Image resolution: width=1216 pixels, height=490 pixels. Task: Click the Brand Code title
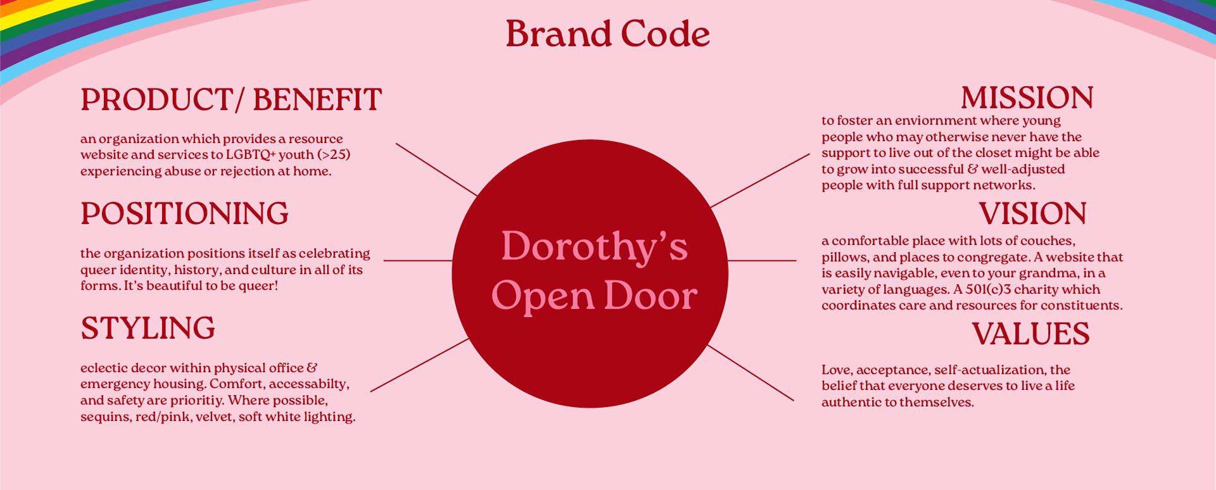pos(607,34)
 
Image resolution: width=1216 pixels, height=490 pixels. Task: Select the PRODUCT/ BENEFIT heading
pos(231,100)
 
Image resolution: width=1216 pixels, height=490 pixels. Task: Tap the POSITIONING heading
pos(184,214)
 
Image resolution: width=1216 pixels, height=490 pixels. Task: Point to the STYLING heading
pos(148,329)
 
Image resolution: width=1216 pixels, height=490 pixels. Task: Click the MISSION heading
pos(1027,98)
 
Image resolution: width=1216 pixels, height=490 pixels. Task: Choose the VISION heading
pos(1032,214)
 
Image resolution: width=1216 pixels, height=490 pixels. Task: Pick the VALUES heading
pos(1030,334)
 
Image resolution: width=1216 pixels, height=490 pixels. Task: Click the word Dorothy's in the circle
pos(594,247)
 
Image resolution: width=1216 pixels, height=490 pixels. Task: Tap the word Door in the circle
pos(650,296)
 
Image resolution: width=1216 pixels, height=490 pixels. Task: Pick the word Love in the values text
pos(836,370)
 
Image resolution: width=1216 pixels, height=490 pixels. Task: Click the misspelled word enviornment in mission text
pos(927,121)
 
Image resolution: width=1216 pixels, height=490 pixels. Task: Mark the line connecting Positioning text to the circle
pos(417,260)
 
